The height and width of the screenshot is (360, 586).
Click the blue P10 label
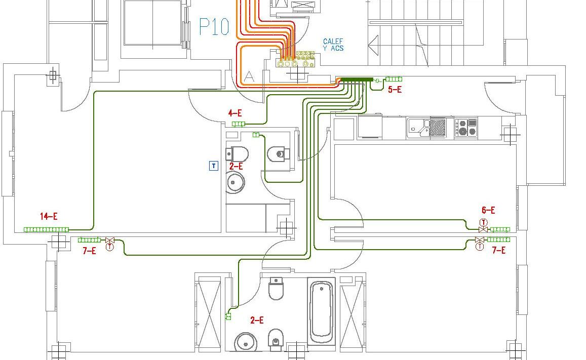coord(214,27)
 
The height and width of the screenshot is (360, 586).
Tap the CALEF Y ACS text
coord(333,45)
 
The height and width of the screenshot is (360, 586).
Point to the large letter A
coord(249,76)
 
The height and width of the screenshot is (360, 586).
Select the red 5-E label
coord(395,90)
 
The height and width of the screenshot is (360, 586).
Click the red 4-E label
coord(235,113)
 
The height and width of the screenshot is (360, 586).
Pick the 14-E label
coord(49,217)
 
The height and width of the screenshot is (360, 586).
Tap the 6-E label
coord(488,210)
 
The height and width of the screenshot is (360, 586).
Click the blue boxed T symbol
coord(214,166)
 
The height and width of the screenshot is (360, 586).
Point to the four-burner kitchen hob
coord(465,128)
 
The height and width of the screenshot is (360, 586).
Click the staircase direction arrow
coord(373,45)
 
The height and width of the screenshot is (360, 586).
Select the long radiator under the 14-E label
coord(46,230)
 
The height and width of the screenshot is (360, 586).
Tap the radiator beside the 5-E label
coord(394,79)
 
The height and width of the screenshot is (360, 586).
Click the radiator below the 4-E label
coord(238,124)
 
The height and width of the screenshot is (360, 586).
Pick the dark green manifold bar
coord(357,79)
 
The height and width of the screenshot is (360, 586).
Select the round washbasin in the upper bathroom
coord(235,182)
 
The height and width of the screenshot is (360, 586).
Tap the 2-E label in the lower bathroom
coord(257,320)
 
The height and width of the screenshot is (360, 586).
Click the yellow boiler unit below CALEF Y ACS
coord(295,60)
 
